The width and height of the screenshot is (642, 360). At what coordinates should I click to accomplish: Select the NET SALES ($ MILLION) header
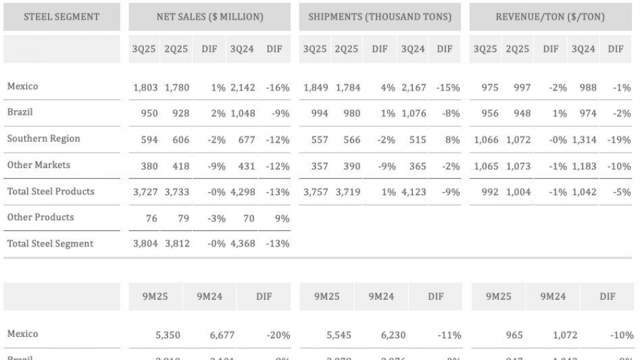(209, 16)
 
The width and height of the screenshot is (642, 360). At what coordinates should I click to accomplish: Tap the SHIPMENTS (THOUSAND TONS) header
(380, 16)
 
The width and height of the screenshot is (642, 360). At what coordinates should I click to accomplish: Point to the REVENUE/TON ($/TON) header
(550, 16)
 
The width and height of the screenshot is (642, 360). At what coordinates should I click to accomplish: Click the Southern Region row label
(43, 138)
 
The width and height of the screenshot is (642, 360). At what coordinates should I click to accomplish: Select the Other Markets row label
(39, 165)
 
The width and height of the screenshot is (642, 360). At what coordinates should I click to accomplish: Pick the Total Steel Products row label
(51, 191)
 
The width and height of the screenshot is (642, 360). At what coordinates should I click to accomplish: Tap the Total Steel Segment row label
(50, 244)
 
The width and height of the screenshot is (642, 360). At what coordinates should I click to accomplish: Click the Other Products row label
(41, 217)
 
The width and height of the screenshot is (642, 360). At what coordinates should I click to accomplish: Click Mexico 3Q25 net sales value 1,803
(145, 86)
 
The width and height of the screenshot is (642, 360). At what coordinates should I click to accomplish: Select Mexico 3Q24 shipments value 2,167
(413, 86)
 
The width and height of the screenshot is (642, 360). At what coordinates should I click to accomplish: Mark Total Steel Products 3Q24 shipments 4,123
(413, 192)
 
